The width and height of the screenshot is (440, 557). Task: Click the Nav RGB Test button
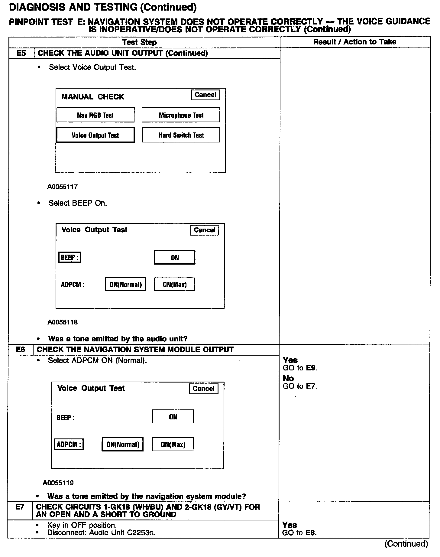[95, 115]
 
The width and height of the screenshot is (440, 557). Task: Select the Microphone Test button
[181, 115]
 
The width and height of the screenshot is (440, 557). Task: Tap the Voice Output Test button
[95, 135]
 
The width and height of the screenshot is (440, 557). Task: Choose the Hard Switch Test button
[181, 135]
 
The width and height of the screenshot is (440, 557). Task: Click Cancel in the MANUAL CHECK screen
[205, 95]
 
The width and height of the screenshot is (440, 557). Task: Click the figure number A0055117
[63, 187]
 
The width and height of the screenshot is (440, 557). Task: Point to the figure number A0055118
[63, 322]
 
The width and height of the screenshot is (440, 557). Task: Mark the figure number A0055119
[58, 483]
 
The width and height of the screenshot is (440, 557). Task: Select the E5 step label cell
[21, 54]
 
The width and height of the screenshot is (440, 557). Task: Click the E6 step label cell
[21, 350]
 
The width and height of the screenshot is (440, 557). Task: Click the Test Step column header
[140, 42]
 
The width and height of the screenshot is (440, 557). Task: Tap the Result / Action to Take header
[355, 42]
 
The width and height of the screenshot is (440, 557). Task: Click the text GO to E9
[300, 368]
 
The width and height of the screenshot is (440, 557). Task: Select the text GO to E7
[300, 386]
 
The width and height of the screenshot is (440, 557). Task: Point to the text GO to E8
[299, 533]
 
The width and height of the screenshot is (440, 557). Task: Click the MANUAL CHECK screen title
[93, 97]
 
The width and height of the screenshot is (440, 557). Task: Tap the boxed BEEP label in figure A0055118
[70, 257]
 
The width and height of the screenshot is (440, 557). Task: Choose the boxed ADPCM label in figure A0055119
[69, 445]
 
